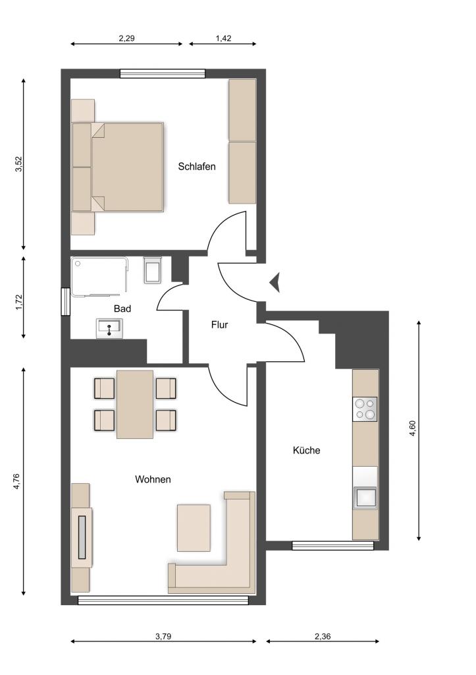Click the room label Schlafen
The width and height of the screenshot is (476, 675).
coord(196,166)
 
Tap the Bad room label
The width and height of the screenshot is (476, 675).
coord(122,308)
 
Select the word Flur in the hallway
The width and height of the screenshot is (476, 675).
coord(219,324)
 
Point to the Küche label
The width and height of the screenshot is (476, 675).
coord(306,450)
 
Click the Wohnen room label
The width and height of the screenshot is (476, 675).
coord(153,479)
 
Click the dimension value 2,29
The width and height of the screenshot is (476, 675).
coord(127,38)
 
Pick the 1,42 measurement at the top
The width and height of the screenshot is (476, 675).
coord(223,38)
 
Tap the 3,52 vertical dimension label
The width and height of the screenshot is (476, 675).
coord(18,163)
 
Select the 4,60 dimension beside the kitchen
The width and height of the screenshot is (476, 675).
coord(413,428)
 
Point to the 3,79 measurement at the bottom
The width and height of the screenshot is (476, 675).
coord(163,636)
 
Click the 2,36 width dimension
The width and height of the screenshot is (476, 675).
coord(323,636)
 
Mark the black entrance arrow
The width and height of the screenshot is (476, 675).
coord(275,283)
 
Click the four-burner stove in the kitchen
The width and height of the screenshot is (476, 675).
coord(365,409)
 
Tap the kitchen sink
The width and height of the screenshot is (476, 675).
coord(365,498)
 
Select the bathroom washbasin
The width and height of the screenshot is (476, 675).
coord(109,328)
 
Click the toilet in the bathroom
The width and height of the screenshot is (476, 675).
coord(153,270)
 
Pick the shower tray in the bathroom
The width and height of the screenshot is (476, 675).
coord(100,277)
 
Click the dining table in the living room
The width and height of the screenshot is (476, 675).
coord(135,404)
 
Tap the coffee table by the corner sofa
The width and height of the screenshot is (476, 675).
coord(194,528)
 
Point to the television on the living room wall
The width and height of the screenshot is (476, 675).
coord(82,537)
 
